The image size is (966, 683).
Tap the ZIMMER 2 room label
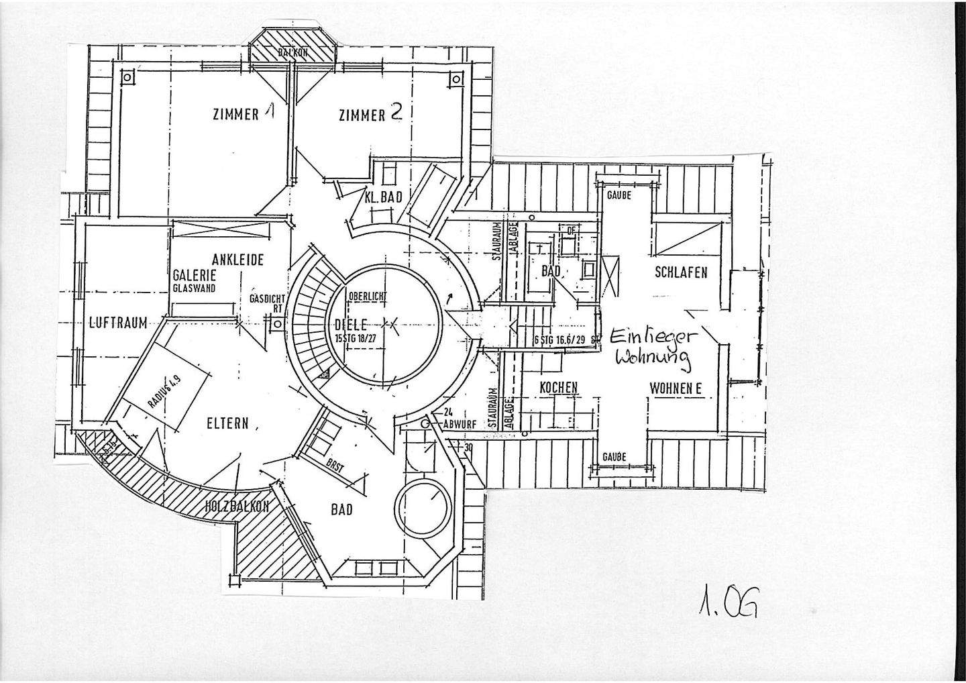(370, 114)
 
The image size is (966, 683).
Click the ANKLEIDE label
(237, 260)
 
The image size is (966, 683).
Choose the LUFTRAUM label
(118, 323)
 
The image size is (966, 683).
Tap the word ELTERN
(227, 423)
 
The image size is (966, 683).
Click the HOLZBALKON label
(237, 507)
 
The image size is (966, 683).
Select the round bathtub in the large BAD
(424, 507)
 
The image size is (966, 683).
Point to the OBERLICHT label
(368, 296)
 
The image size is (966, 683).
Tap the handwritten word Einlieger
(655, 335)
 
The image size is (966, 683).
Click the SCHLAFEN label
(681, 272)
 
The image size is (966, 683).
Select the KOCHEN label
(558, 388)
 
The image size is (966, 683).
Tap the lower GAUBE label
(614, 457)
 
